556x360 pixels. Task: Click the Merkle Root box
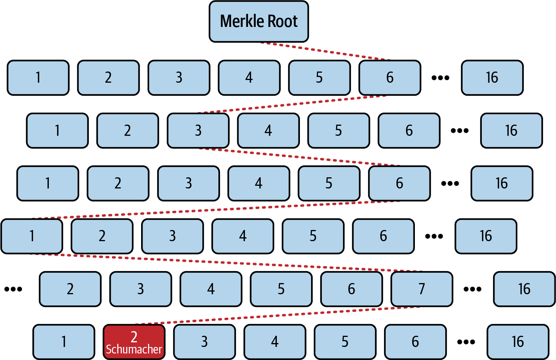(259, 22)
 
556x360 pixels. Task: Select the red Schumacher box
(134, 342)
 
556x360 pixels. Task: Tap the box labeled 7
(422, 289)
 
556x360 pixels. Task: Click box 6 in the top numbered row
(390, 78)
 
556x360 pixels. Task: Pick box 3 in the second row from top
(198, 131)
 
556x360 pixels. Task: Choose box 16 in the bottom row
(518, 342)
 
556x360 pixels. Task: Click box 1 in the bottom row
(64, 342)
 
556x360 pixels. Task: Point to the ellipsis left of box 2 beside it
(13, 289)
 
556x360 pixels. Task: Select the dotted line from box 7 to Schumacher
(277, 316)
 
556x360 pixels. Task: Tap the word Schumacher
(134, 350)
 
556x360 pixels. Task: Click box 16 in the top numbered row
(492, 78)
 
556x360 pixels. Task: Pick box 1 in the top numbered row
(38, 78)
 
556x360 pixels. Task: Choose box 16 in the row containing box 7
(524, 289)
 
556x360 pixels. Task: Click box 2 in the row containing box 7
(70, 289)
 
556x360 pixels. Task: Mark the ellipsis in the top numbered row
(441, 78)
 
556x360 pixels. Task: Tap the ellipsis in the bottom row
(466, 342)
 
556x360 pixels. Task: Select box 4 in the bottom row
(275, 342)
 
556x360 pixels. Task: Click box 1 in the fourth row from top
(32, 236)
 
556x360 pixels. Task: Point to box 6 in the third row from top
(400, 183)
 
